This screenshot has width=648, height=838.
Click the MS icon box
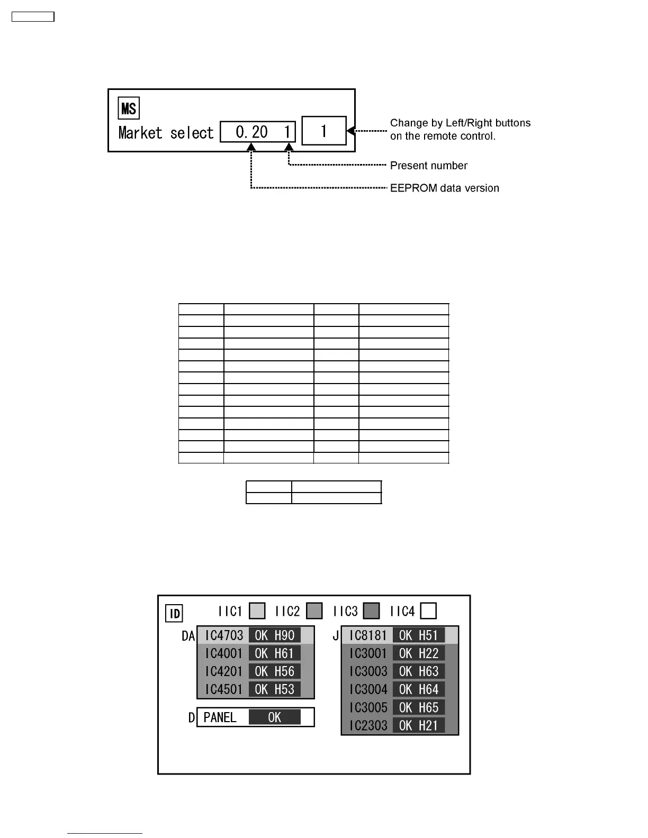129,108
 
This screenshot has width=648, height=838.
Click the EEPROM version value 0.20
251,132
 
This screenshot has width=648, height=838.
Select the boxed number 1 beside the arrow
323,131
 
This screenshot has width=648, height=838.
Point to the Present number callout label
428,166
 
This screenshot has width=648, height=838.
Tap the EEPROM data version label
444,188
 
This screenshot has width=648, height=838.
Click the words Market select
166,132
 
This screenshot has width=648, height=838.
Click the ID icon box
174,614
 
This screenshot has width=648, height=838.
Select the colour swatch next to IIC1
257,611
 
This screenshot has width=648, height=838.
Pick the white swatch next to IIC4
428,611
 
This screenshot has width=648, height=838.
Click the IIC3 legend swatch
372,611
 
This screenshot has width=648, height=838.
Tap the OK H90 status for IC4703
274,635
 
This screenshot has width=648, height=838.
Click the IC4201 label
223,671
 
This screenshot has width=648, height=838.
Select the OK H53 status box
274,689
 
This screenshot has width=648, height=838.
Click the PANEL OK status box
274,717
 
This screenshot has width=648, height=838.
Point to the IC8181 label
368,635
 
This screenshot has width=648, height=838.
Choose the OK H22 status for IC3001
418,653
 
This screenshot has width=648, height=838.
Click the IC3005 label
368,707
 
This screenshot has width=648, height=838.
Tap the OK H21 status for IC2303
418,725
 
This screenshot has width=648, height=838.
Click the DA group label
188,636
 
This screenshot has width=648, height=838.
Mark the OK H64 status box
418,689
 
